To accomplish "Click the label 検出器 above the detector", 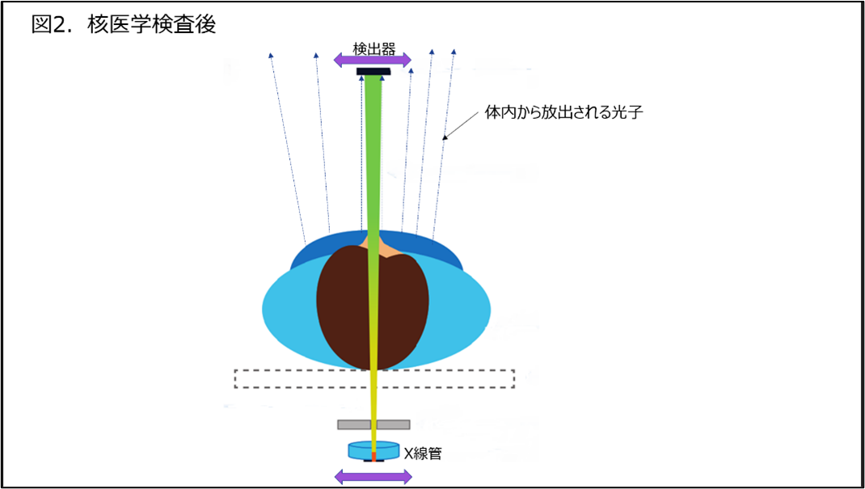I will [x=373, y=48].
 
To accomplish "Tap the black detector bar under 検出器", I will [x=373, y=72].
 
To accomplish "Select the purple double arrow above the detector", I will [x=373, y=59].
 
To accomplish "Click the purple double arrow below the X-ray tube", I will [x=373, y=476].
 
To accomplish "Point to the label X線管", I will [x=423, y=453].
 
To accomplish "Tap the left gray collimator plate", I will [x=354, y=424].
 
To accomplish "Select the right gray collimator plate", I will [x=394, y=424].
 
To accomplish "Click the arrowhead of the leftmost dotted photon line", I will [x=270, y=56].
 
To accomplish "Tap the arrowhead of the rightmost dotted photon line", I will [x=454, y=52].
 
